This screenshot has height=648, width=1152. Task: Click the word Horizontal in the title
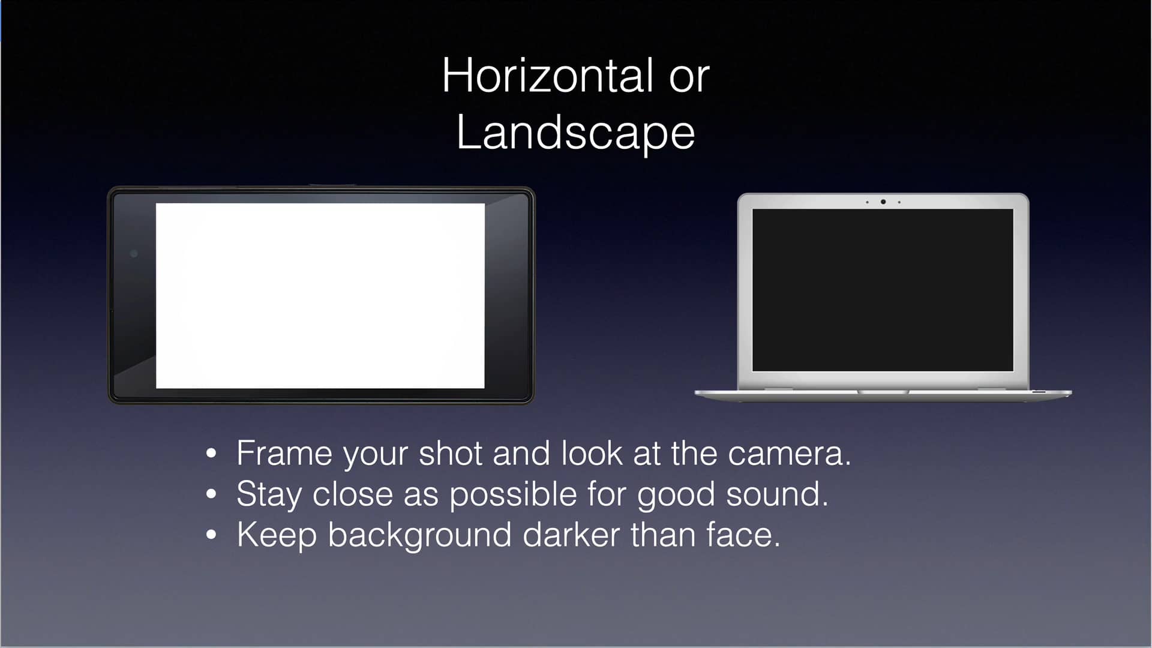[547, 76]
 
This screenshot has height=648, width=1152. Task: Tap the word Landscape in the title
[575, 133]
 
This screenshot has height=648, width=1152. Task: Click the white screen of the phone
[320, 296]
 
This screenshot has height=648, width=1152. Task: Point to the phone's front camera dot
[134, 254]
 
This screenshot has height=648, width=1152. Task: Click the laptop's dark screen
[883, 290]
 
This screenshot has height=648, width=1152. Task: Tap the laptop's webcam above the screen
[883, 202]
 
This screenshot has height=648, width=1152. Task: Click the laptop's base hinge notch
[883, 392]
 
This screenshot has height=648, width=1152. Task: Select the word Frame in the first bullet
[284, 454]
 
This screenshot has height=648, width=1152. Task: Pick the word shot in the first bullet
[451, 454]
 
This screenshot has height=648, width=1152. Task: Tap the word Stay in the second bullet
[269, 496]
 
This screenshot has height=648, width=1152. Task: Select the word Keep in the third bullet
[277, 535]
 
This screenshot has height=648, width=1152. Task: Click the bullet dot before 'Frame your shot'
[211, 454]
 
